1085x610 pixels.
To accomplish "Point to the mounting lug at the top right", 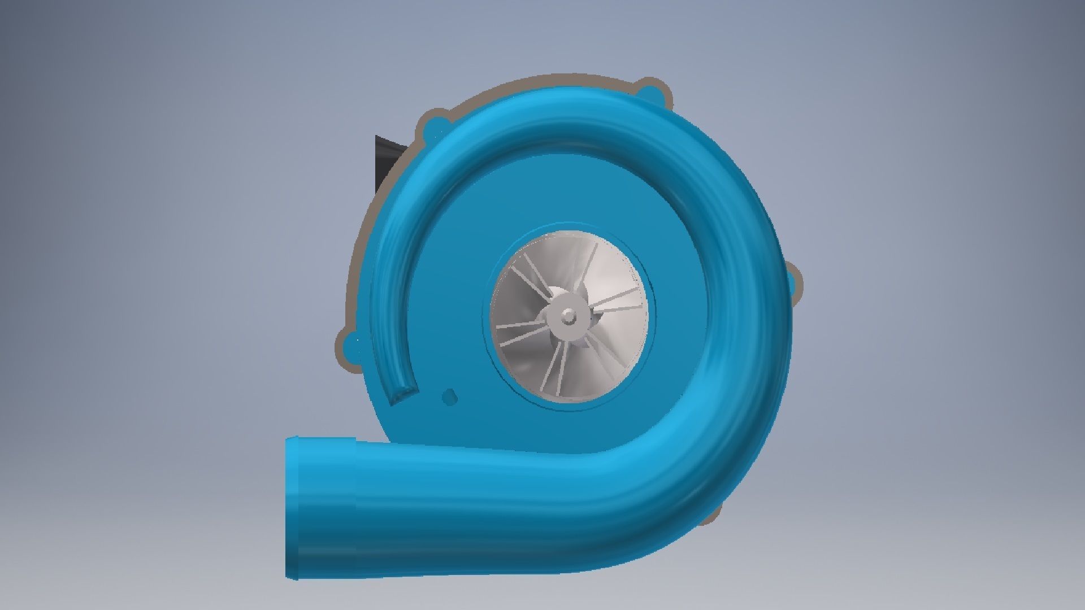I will click(x=650, y=90).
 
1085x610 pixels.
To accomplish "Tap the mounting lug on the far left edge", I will click(x=351, y=342).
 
